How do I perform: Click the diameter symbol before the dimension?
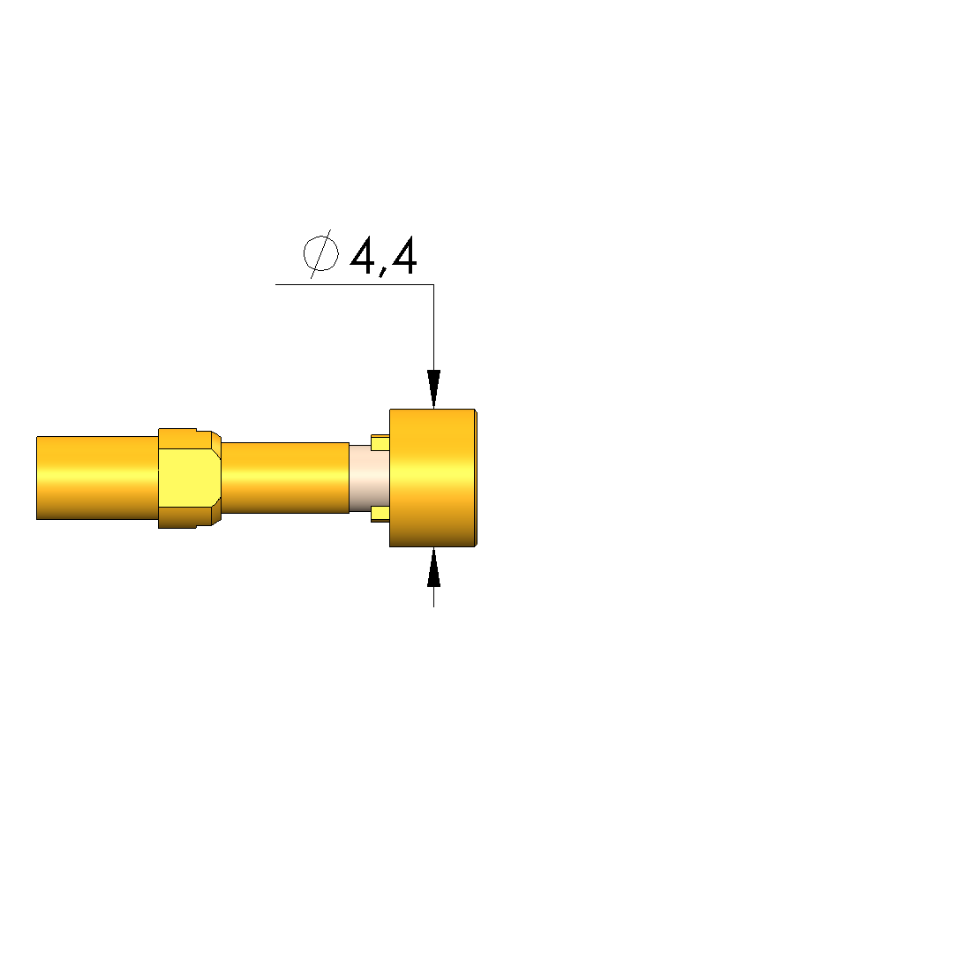[320, 253]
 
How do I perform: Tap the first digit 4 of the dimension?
[363, 255]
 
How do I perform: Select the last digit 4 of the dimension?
[404, 255]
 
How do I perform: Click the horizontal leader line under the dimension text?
[355, 284]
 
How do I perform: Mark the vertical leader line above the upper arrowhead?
[434, 327]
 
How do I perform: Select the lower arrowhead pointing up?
[434, 567]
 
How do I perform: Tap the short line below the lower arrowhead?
[434, 597]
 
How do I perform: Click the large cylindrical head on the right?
[432, 478]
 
